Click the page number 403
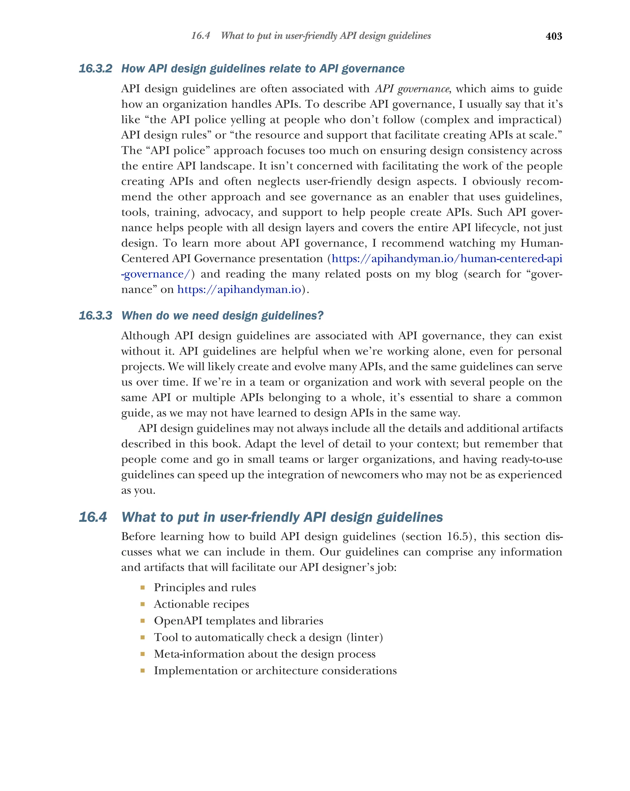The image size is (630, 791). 553,36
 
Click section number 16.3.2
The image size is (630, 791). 95,69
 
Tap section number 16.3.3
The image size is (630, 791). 95,316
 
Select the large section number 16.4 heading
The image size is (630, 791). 93,517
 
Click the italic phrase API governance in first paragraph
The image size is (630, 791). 412,89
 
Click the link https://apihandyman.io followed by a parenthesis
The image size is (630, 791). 239,289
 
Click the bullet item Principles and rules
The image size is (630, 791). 205,587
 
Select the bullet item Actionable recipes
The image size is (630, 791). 201,604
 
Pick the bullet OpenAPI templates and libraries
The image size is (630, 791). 238,620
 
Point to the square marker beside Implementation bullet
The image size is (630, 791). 142,670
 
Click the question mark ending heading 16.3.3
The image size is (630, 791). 321,316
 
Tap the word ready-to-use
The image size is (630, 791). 532,459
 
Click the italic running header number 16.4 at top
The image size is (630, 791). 201,36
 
